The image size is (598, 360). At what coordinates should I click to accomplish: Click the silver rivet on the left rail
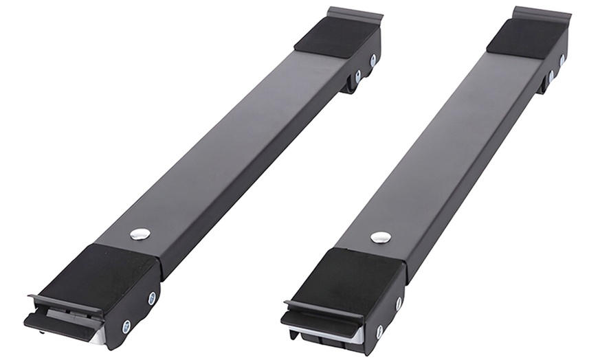pyautogui.click(x=140, y=234)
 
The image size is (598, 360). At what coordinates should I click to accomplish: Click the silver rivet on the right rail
pyautogui.click(x=380, y=237)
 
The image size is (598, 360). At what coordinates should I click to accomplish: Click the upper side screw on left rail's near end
pyautogui.click(x=152, y=298)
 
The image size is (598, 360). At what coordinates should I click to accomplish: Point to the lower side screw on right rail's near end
pyautogui.click(x=379, y=332)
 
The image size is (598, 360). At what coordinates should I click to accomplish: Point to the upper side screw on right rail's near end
pyautogui.click(x=399, y=303)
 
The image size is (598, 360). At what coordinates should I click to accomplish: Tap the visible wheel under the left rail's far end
pyautogui.click(x=350, y=84)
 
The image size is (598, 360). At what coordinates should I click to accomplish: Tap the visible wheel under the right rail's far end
pyautogui.click(x=544, y=83)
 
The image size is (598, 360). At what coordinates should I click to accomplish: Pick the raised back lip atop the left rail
pyautogui.click(x=355, y=14)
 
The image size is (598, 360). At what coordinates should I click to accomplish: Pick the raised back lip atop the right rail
pyautogui.click(x=542, y=13)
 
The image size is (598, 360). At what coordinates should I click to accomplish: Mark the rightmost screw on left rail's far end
pyautogui.click(x=373, y=60)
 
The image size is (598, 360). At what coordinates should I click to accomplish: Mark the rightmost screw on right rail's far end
pyautogui.click(x=562, y=60)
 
